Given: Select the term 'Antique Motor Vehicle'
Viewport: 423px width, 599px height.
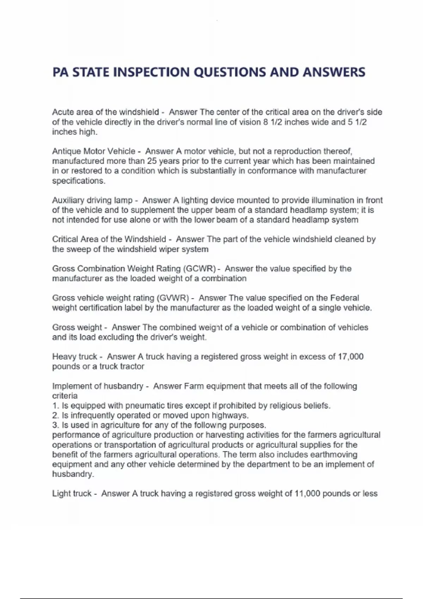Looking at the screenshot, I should [x=93, y=152].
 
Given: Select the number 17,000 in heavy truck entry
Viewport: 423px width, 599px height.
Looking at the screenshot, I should [x=350, y=357].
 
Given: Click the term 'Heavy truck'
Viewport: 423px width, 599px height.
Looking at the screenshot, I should [x=74, y=357].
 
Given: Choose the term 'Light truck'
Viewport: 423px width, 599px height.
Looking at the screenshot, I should [x=72, y=494].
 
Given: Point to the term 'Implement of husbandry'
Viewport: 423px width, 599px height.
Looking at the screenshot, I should [x=98, y=386].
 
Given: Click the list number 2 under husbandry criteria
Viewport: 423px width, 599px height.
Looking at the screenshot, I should [x=55, y=415].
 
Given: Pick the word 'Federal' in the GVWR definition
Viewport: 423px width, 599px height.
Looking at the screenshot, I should [x=344, y=298].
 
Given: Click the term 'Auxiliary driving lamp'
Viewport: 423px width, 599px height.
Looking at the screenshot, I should [x=92, y=200].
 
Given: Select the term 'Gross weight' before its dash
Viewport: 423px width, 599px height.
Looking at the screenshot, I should [x=77, y=327].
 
